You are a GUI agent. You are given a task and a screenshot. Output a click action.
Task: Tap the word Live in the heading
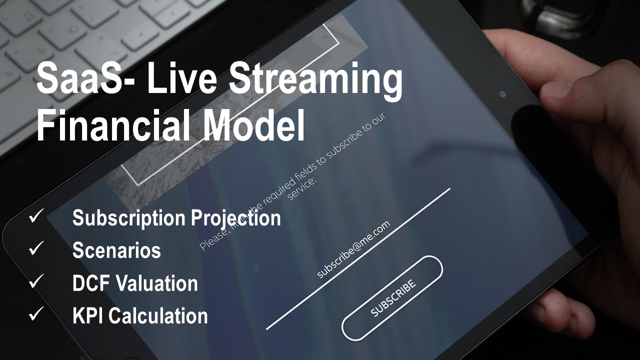182,77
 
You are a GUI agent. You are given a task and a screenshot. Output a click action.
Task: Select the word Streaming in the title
315,81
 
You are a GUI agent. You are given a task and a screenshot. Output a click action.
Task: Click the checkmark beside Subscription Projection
36,215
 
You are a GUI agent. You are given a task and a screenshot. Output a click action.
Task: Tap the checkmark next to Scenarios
36,248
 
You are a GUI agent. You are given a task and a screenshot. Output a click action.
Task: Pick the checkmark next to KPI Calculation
36,313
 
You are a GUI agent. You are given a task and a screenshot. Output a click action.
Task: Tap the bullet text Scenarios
116,250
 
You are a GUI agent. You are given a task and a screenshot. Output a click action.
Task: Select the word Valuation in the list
156,283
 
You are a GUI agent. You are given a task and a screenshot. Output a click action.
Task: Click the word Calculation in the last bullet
158,315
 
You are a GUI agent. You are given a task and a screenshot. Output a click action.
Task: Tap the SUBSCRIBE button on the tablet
392,298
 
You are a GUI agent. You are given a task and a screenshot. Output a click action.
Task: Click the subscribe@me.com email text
353,249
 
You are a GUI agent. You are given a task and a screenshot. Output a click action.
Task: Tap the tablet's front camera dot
503,94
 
